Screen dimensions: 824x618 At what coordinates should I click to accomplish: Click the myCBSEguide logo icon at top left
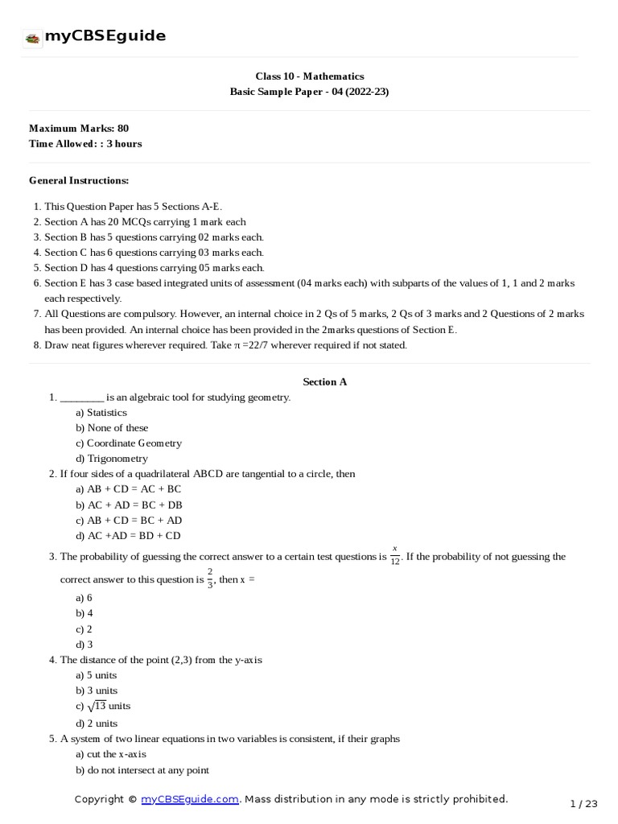[x=32, y=37]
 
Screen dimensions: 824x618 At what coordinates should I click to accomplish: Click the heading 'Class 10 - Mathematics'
[x=309, y=76]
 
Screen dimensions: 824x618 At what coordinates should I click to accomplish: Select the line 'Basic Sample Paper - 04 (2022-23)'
[x=309, y=92]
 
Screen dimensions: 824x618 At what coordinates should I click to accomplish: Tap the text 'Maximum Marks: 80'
[x=79, y=128]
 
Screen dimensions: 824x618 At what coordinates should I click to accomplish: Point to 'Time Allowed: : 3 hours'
[x=85, y=143]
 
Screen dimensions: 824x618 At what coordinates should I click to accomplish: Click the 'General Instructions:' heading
[x=79, y=180]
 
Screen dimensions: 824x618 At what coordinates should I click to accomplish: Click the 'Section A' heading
[x=324, y=381]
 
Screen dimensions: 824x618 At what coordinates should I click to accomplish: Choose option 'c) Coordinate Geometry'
[x=129, y=443]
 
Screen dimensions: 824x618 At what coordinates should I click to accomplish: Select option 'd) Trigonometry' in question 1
[x=112, y=459]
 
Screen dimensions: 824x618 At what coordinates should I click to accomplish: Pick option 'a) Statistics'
[x=101, y=413]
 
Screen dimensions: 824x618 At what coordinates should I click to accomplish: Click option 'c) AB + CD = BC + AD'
[x=129, y=521]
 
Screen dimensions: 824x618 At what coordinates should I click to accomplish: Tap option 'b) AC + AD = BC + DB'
[x=129, y=505]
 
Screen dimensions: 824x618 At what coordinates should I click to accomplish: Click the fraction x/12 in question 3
[x=395, y=556]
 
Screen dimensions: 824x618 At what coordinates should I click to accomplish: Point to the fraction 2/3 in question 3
[x=209, y=579]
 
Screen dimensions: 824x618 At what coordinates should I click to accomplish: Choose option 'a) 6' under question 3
[x=84, y=598]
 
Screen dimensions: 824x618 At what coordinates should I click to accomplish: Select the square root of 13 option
[x=103, y=706]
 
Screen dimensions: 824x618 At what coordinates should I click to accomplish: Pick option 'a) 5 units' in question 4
[x=97, y=675]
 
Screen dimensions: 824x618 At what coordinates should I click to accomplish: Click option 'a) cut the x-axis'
[x=111, y=755]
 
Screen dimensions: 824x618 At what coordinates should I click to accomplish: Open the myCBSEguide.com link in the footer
[x=190, y=799]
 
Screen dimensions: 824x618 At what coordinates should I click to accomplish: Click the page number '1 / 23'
[x=584, y=803]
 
